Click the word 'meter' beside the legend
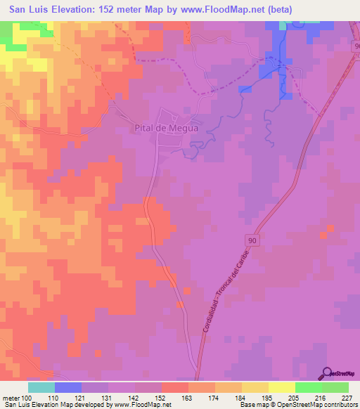pyautogui.click(x=11, y=398)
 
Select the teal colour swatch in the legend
pyautogui.click(x=41, y=387)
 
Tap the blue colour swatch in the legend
pyautogui.click(x=68, y=387)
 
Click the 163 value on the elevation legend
pyautogui.click(x=188, y=398)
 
